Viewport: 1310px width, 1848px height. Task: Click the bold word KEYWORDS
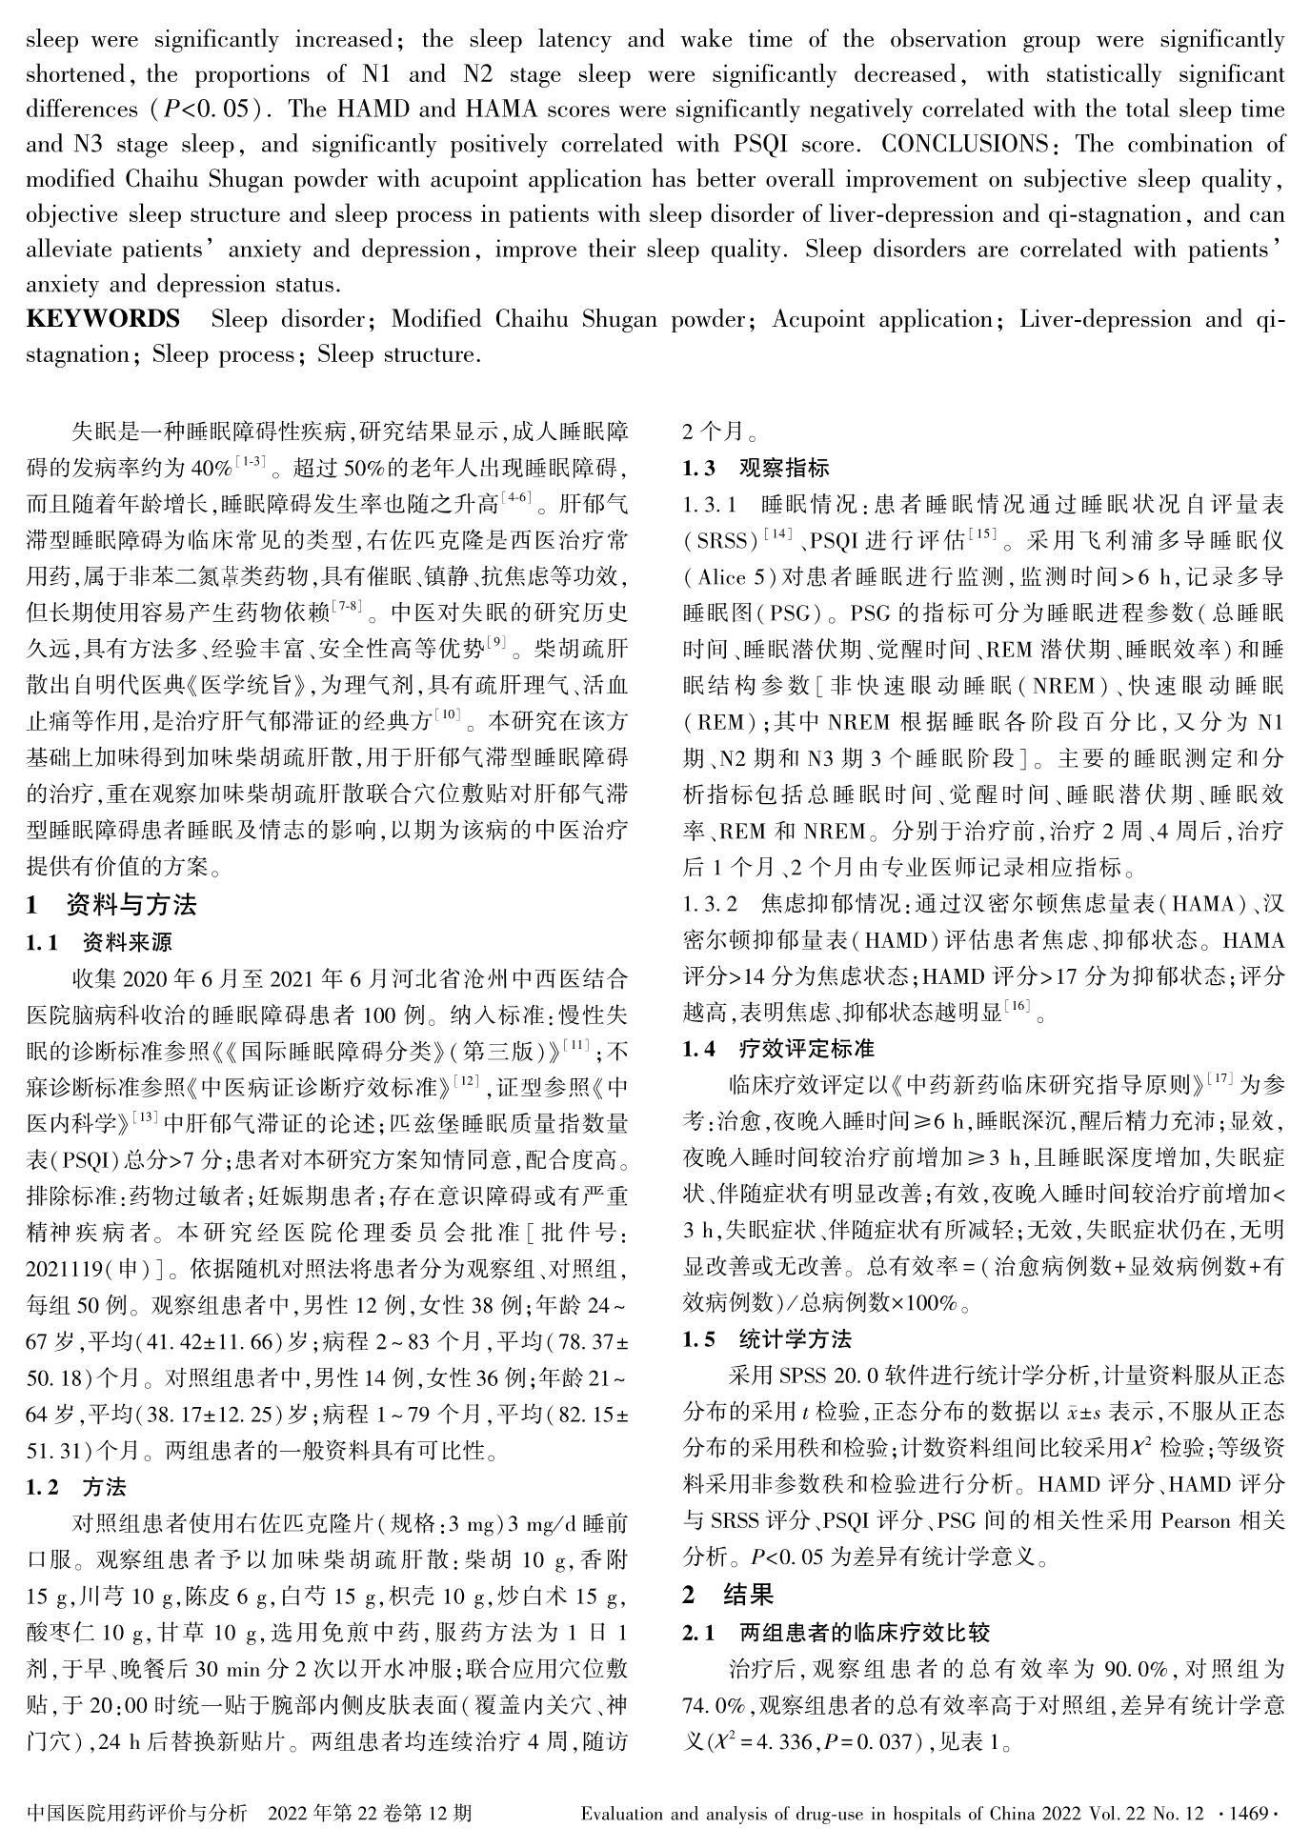tap(102, 319)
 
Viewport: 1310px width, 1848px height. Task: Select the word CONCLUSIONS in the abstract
tap(964, 145)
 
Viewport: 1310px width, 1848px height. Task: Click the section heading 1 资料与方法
tap(111, 904)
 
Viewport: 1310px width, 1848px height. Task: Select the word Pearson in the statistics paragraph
tap(1196, 1521)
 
